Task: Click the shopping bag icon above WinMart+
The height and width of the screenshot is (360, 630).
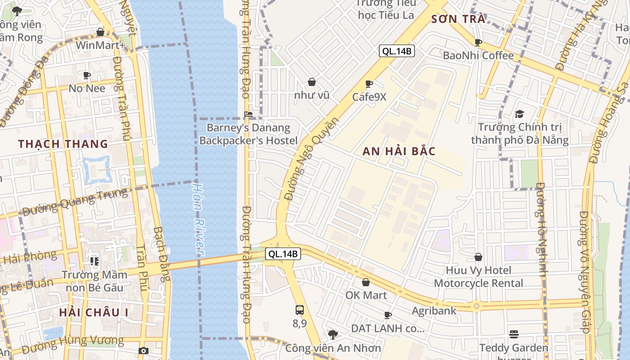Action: coord(100,32)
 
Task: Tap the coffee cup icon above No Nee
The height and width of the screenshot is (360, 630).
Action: coord(87,75)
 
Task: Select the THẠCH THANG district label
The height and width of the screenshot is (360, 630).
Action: coord(63,144)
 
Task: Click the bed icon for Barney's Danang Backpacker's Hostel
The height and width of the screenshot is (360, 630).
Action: coord(248,114)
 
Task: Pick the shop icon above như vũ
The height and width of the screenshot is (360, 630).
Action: coord(311,82)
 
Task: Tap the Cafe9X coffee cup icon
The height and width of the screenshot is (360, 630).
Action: coord(369,84)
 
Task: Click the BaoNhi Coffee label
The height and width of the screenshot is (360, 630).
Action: coord(478,56)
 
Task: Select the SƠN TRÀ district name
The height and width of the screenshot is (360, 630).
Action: coord(459,19)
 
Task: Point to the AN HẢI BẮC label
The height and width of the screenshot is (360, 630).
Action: coord(399,151)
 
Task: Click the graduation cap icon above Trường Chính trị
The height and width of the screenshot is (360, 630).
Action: coord(519,114)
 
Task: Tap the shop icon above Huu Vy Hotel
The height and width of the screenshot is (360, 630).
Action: coord(478,257)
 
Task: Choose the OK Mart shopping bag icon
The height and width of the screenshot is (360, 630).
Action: coord(366,282)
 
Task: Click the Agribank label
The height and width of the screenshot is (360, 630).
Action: coord(434,310)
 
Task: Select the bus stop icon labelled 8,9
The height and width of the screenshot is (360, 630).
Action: coord(300,310)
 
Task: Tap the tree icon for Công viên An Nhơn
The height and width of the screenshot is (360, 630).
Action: coord(333,334)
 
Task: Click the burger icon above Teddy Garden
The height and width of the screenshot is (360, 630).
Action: coord(514,334)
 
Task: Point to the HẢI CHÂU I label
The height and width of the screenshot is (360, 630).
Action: coord(94,312)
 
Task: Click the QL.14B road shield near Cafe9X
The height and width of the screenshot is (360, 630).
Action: coord(396,51)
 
